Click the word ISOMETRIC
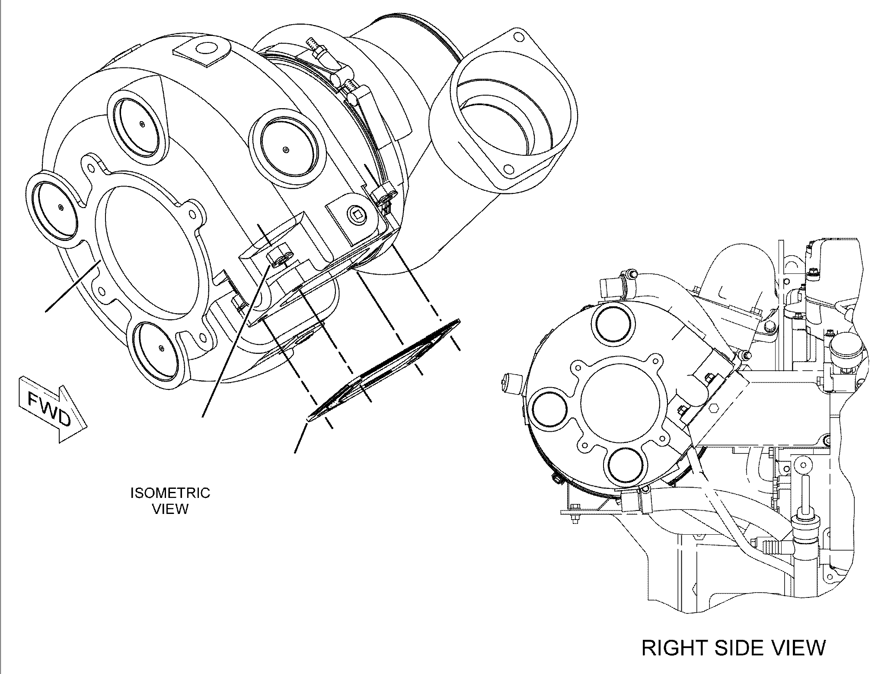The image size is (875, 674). pyautogui.click(x=170, y=493)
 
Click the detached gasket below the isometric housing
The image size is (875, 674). pyautogui.click(x=383, y=370)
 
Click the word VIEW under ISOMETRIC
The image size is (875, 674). pyautogui.click(x=171, y=509)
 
